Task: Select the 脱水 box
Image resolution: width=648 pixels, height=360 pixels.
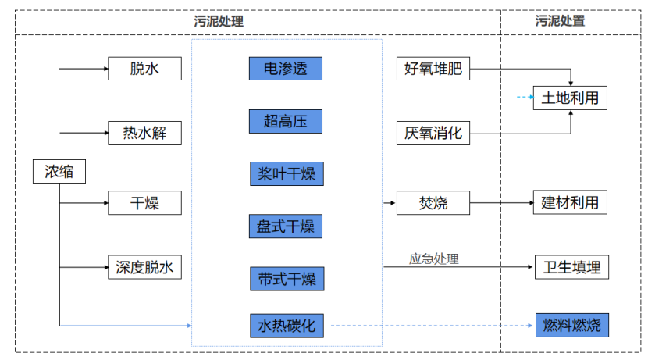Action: click(144, 69)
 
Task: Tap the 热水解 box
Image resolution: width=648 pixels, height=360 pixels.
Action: click(144, 133)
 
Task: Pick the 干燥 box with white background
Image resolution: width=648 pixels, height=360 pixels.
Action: click(144, 203)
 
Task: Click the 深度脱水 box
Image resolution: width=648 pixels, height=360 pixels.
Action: click(144, 267)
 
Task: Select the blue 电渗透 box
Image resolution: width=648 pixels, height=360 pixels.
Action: click(286, 69)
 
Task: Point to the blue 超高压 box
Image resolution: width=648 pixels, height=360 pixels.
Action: click(286, 121)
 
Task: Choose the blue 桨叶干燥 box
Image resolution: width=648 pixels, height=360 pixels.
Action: click(286, 173)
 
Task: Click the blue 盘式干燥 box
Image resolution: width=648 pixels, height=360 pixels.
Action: click(286, 226)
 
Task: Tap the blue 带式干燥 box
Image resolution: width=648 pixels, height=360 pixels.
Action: click(286, 278)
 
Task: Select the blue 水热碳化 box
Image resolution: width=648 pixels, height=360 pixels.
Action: click(286, 326)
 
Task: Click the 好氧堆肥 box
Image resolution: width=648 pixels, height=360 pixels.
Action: click(433, 69)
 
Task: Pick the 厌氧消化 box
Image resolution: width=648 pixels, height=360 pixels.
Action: click(433, 133)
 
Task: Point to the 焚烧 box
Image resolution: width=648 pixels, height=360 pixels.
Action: click(433, 203)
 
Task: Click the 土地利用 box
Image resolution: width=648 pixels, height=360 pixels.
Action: click(570, 98)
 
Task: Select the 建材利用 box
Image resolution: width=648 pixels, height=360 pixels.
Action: click(570, 203)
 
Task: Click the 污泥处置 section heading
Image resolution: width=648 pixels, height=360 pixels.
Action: click(560, 22)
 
